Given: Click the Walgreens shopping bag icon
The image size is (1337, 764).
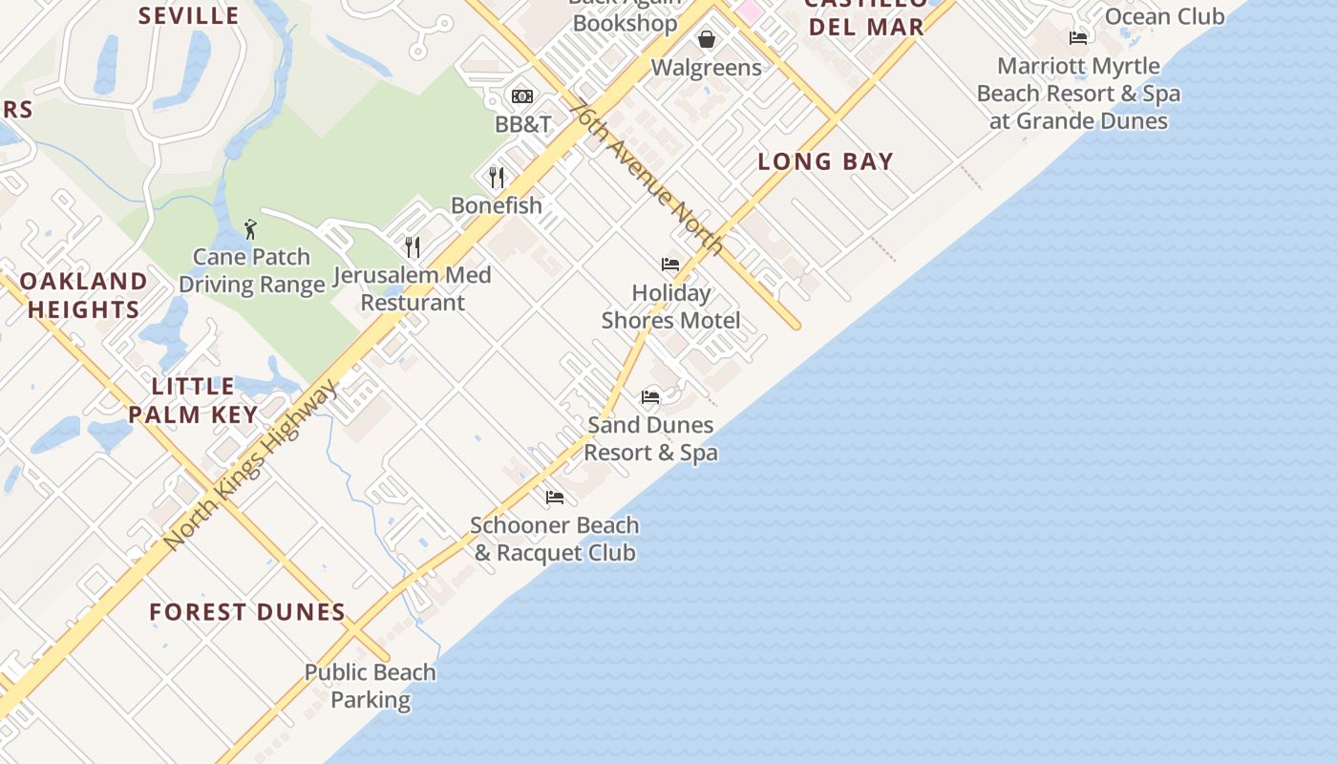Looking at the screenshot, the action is point(707,39).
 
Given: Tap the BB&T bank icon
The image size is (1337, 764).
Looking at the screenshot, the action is point(522,96).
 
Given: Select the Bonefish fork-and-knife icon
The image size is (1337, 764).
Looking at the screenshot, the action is point(497,178).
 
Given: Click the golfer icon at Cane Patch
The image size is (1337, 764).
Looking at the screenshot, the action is point(251,229).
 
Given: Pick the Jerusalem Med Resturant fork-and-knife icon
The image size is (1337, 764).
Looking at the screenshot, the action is point(413,247).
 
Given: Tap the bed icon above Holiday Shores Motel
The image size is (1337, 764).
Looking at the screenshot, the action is point(670,265).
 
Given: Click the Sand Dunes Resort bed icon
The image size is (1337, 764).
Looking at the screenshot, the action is point(650,396).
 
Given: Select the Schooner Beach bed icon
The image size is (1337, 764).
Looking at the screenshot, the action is point(555,497).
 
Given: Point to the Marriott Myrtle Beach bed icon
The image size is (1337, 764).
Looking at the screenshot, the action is point(1078,38).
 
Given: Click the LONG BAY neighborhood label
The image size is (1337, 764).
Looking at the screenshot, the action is point(825,161).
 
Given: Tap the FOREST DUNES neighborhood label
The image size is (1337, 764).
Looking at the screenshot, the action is point(247,612).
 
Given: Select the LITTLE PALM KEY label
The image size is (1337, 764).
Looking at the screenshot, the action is point(193,400).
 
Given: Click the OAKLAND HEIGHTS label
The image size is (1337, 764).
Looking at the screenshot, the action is point(84,295).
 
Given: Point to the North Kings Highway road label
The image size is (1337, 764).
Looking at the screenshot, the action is point(251,464).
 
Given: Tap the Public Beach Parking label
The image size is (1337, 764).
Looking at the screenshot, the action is point(370,686).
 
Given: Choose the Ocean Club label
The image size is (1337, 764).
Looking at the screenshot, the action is point(1164,16).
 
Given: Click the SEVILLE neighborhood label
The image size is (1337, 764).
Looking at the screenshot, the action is point(189,15).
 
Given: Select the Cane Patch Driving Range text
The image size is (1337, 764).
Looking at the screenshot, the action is point(251,270).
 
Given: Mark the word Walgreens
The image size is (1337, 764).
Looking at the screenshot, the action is point(707,68).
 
